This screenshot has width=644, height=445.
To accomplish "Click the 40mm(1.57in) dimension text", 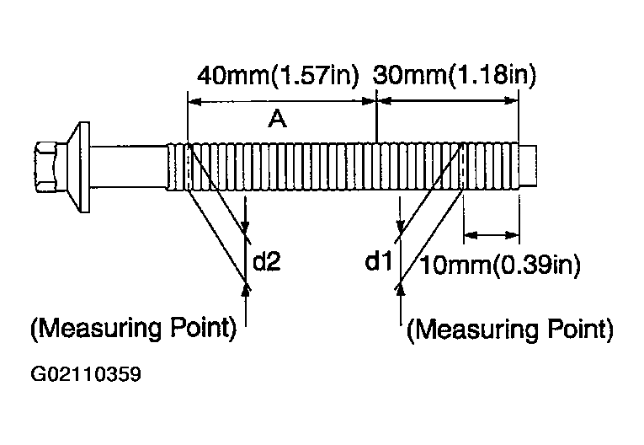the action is [x=278, y=76].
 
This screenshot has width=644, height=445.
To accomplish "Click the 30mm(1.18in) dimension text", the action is [x=455, y=76].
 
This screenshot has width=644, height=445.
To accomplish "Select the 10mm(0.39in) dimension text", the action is [x=499, y=265].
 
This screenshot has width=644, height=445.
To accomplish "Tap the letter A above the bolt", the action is [x=278, y=119].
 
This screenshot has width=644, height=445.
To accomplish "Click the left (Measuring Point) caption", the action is [x=134, y=328].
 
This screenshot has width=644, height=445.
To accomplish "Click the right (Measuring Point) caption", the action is [x=510, y=330].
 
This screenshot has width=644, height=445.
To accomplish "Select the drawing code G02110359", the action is [x=86, y=374].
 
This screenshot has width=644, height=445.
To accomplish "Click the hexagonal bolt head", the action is [x=46, y=167].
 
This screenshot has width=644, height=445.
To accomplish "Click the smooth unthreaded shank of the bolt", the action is [x=128, y=167].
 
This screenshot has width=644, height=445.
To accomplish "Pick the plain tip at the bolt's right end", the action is [x=528, y=166].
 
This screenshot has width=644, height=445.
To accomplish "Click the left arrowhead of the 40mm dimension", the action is [x=194, y=101].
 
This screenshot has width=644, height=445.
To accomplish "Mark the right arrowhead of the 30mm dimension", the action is [x=512, y=100].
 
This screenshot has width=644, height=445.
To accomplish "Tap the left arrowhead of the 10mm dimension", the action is [x=471, y=236].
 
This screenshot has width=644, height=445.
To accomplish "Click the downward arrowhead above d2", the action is [x=246, y=228].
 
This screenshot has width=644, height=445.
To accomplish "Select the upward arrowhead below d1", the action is [x=401, y=289].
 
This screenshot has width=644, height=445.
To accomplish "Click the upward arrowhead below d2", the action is [x=246, y=289].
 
